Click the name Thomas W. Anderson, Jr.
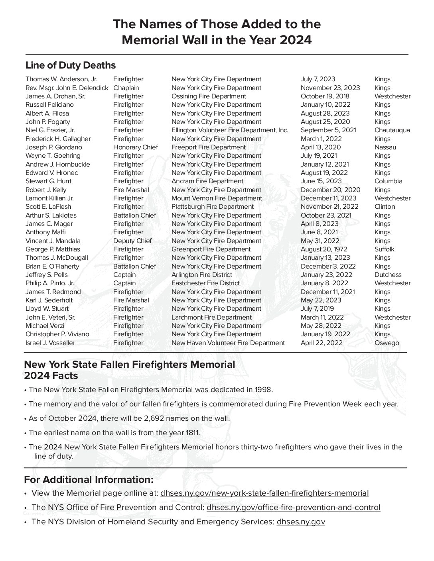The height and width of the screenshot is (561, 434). [61, 79]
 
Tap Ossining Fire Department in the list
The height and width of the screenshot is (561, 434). [209, 96]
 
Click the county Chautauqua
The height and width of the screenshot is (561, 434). [392, 130]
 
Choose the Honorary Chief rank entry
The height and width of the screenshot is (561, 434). [136, 147]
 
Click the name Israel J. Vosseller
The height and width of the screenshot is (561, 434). [50, 343]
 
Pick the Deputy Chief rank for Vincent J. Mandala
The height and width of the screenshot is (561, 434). [132, 241]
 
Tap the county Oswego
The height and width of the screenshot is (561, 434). [387, 343]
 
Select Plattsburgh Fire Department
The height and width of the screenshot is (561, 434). [212, 207]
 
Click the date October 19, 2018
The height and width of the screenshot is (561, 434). [325, 96]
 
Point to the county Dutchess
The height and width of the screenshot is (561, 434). [388, 275]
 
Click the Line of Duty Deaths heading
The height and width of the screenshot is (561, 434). [71, 65]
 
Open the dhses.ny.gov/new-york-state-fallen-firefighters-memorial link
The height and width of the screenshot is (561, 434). [264, 493]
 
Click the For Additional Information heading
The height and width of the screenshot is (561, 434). [89, 479]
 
